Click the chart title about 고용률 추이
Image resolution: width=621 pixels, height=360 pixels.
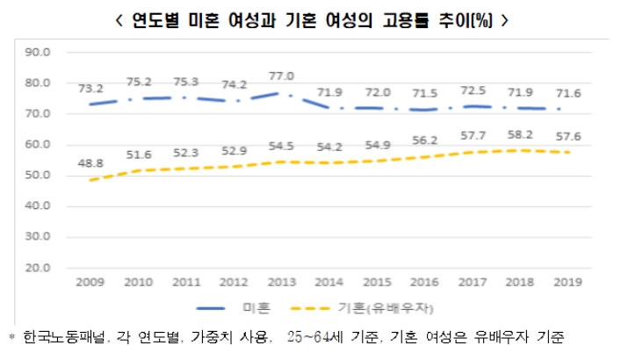(x=311, y=18)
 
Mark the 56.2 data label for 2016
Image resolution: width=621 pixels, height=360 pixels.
(x=424, y=139)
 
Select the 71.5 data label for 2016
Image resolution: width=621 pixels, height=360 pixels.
(x=425, y=92)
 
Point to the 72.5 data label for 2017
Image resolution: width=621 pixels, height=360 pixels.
(x=473, y=89)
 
